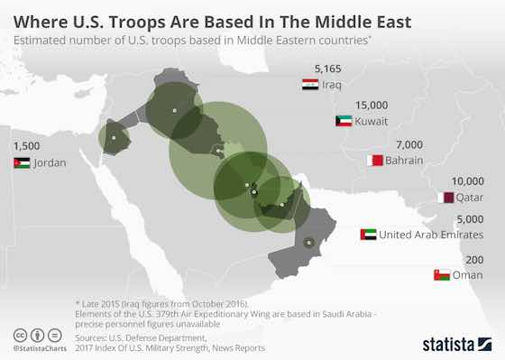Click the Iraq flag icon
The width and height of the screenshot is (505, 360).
309,85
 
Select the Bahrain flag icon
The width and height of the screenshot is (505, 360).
375,161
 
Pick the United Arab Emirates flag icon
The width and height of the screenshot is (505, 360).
368,235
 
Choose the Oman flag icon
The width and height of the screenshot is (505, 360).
442,274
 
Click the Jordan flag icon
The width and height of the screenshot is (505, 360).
22,163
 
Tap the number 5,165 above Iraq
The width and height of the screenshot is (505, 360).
326,68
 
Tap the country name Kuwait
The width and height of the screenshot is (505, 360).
372,121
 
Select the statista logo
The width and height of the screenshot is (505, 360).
454,343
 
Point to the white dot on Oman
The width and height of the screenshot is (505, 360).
308,241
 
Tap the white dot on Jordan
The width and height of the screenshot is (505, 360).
115,138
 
